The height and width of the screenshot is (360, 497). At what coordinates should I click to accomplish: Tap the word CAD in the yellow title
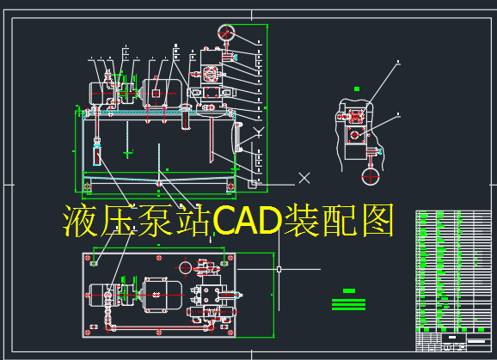[x=251, y=222]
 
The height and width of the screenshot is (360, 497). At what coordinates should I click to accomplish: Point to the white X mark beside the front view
[x=304, y=178]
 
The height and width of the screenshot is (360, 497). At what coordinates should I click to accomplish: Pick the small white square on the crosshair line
[x=279, y=269]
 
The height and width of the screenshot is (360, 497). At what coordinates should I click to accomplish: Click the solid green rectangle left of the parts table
[x=349, y=290]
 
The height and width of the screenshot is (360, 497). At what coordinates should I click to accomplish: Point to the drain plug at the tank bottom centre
[x=159, y=182]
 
